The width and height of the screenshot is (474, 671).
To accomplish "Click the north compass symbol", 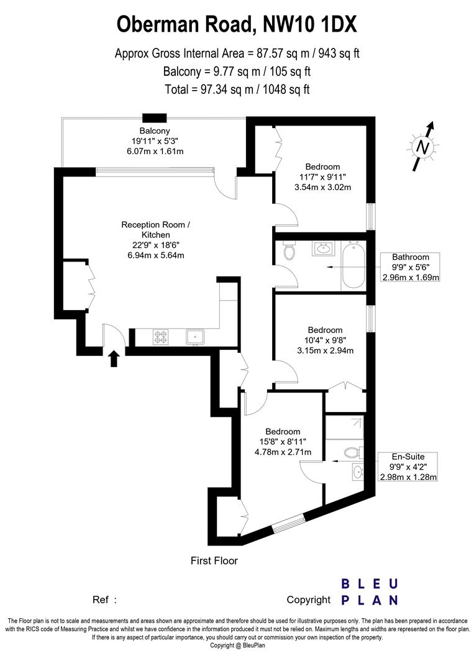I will tap(422, 147).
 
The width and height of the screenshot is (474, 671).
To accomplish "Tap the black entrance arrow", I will tap(114, 358).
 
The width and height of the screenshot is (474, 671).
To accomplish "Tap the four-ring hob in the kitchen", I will tap(161, 337).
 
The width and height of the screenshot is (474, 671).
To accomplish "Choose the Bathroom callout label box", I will tap(410, 267).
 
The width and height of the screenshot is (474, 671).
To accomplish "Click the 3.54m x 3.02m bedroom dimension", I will tap(322, 187).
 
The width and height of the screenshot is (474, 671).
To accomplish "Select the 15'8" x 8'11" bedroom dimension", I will tap(283, 442).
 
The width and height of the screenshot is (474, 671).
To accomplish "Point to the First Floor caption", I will tap(214, 560).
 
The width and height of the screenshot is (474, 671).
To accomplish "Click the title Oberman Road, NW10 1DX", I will tap(237, 25).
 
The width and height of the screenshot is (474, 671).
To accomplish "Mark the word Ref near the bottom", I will tap(101, 600).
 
